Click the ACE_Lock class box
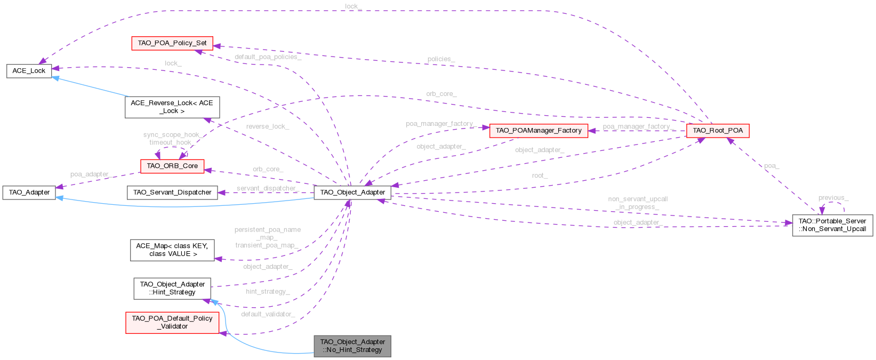pos(29,70)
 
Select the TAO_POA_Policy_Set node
pos(172,43)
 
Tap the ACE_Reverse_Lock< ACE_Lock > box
pos(172,107)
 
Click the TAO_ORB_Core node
pos(172,166)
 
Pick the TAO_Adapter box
pos(29,192)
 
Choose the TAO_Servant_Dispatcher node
pos(172,192)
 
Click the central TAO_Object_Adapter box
pos(352,192)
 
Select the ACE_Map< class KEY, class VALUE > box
pos(172,250)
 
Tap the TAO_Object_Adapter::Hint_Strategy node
pos(172,288)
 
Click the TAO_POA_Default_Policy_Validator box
pos(172,322)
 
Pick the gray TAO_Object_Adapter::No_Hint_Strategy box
pos(352,346)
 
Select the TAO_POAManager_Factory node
pos(538,130)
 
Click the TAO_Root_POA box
pos(717,130)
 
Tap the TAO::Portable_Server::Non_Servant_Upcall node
pos(832,225)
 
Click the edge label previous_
pos(833,197)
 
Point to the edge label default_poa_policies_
pos(268,57)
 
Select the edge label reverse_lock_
pos(267,126)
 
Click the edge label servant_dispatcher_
pos(267,188)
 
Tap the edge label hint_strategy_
pos(268,291)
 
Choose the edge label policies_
pos(440,59)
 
